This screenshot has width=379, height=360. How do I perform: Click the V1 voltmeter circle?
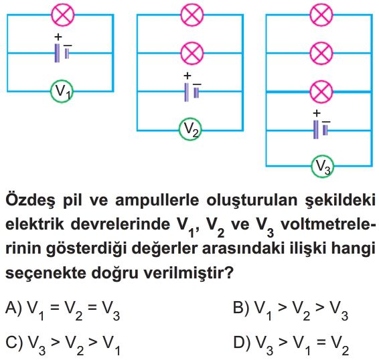coord(62,91)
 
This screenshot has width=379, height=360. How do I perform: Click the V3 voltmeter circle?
coord(323,166)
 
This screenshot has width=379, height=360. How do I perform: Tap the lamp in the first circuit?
coord(63,15)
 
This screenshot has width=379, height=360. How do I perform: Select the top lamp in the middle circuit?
coord(192,15)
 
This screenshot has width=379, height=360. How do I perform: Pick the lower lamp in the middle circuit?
coord(192,53)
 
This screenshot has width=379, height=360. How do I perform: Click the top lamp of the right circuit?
coord(321,15)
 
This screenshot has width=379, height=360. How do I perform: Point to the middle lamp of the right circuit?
coord(321,53)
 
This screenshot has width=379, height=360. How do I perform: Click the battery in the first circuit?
coord(62,53)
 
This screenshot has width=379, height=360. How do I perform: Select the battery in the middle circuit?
coord(192,92)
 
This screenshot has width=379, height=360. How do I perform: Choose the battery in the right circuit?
coord(321,130)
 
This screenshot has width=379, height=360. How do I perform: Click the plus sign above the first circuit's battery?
coord(58,37)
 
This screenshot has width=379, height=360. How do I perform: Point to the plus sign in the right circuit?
coord(317,113)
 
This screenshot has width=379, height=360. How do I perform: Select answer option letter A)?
coord(14,307)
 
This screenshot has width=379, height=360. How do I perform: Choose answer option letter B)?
coord(241,307)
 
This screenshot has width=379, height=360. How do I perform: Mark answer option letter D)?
coord(242,342)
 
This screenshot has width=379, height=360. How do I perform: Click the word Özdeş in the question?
coord(30,200)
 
